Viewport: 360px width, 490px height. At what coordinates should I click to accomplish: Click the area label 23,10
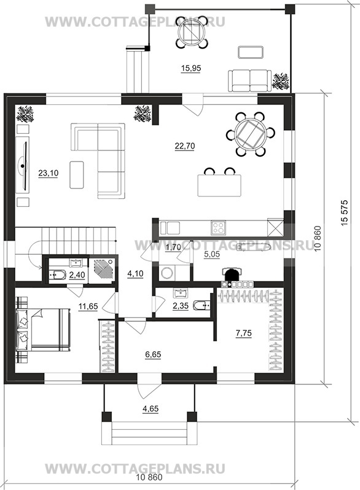click(48, 173)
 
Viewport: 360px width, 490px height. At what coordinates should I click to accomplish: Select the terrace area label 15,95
click(191, 68)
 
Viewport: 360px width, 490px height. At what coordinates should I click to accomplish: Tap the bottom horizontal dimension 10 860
click(149, 477)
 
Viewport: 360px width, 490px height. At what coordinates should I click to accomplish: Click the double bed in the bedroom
click(44, 330)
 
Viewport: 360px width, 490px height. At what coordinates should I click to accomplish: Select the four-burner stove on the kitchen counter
click(218, 228)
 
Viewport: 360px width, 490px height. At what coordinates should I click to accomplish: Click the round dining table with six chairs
click(250, 134)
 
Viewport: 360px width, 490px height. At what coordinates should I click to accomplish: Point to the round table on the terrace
click(192, 32)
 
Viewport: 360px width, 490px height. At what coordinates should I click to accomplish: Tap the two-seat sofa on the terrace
click(249, 80)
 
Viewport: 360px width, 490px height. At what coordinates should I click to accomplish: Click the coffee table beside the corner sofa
click(77, 174)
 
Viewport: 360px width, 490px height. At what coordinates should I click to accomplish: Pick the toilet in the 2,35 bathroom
click(202, 305)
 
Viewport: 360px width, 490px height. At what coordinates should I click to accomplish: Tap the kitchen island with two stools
click(219, 185)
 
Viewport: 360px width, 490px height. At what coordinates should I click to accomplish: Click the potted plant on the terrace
click(280, 81)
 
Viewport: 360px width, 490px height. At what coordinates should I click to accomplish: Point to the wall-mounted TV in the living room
click(23, 165)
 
